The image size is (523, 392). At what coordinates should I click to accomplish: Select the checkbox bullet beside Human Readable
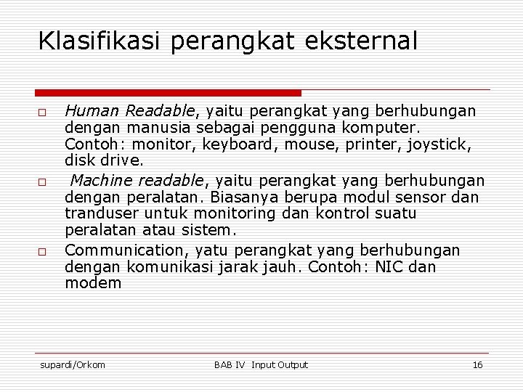point(43,113)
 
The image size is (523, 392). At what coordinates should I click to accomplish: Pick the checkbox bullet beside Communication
point(43,251)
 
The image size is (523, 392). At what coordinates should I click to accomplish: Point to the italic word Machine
point(102,180)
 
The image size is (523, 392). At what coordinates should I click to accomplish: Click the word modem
point(93,284)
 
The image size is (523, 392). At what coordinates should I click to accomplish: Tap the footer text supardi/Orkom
point(72,364)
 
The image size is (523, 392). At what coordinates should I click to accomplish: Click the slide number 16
point(477,364)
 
